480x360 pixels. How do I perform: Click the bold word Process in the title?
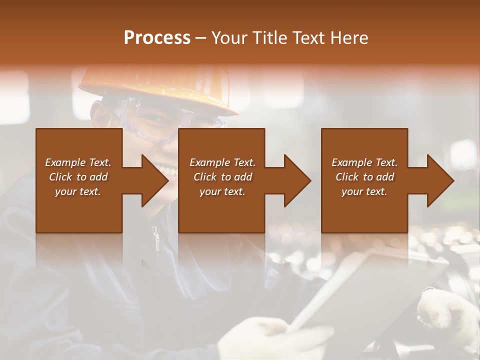click(x=157, y=38)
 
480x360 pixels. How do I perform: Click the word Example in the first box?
click(x=65, y=162)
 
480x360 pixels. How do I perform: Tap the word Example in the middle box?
click(x=209, y=162)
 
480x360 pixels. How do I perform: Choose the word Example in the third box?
click(x=351, y=162)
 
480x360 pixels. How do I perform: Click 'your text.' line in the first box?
click(x=78, y=191)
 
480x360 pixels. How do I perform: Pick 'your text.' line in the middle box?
click(x=222, y=191)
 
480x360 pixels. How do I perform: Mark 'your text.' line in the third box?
click(x=364, y=191)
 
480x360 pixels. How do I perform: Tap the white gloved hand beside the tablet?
click(x=447, y=315)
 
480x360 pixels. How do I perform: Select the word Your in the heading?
click(x=229, y=38)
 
